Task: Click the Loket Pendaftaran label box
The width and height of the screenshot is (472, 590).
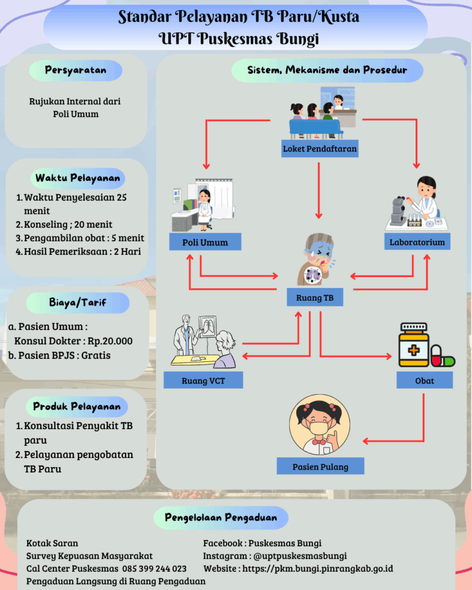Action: pos(320,149)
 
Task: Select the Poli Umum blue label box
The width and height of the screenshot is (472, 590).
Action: pos(205,242)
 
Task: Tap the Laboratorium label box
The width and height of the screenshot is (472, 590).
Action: pos(417,242)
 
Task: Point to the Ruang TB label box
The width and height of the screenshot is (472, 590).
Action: pos(315,298)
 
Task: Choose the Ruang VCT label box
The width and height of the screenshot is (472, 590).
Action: pos(203,380)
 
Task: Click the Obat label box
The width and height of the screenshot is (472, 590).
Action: pos(424,380)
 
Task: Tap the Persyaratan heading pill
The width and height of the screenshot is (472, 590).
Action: pos(75,70)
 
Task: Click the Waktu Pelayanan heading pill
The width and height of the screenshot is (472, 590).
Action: pos(78,177)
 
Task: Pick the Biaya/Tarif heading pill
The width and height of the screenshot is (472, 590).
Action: pos(78,301)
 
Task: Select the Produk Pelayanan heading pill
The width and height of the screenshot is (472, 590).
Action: pos(77,406)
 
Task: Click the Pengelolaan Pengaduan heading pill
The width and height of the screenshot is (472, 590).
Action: pos(221,517)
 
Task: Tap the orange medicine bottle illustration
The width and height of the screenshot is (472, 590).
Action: pos(413,346)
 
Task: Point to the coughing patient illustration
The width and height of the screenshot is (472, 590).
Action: pos(315,259)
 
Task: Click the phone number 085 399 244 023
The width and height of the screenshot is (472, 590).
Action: pos(154,569)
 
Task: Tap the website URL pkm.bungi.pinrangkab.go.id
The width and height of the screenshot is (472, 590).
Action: pos(317,569)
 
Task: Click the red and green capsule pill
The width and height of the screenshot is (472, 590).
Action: pos(443,357)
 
